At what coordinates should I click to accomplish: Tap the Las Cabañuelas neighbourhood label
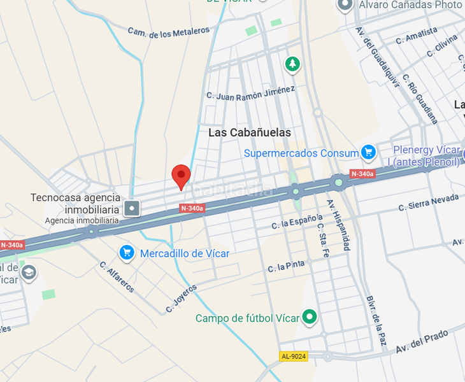(250, 132)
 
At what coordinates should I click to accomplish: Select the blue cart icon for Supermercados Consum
(368, 152)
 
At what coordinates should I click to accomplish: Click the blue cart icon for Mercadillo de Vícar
(127, 253)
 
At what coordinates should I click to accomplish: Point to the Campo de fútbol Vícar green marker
(310, 316)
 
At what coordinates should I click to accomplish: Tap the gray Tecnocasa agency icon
(132, 207)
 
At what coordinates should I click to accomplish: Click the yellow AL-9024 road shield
(293, 356)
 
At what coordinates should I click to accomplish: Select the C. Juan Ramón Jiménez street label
(250, 92)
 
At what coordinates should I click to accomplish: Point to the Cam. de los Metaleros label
(169, 32)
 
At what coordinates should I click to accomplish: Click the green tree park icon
(292, 64)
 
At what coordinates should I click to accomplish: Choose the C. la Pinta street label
(286, 265)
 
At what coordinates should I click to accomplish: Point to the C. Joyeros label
(182, 297)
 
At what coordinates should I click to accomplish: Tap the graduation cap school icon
(28, 272)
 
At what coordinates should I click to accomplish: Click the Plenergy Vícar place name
(426, 150)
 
